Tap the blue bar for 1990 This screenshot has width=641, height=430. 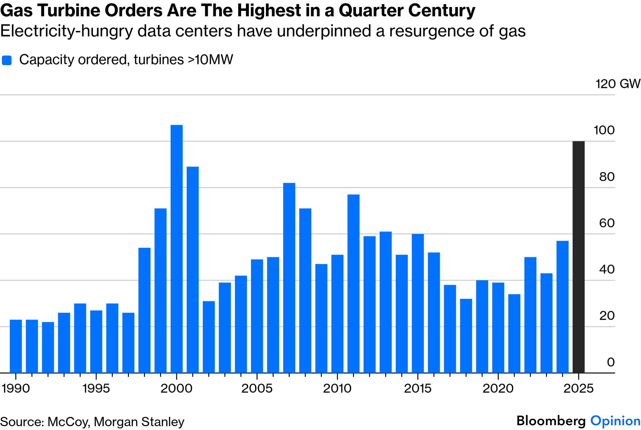coord(16,346)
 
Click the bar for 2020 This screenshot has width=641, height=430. coord(498,328)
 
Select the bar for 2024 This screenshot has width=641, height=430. coord(562,307)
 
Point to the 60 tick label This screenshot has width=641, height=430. coord(606,223)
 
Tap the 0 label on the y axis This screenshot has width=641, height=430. coord(610,362)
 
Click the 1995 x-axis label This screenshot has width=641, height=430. coord(96,388)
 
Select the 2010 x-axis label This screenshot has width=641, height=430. coord(337,388)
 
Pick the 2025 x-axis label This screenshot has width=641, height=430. coord(578,388)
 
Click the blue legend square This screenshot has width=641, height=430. coord(7,60)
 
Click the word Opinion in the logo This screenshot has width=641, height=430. coord(615,421)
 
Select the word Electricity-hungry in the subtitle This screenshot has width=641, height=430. coord(66,31)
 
